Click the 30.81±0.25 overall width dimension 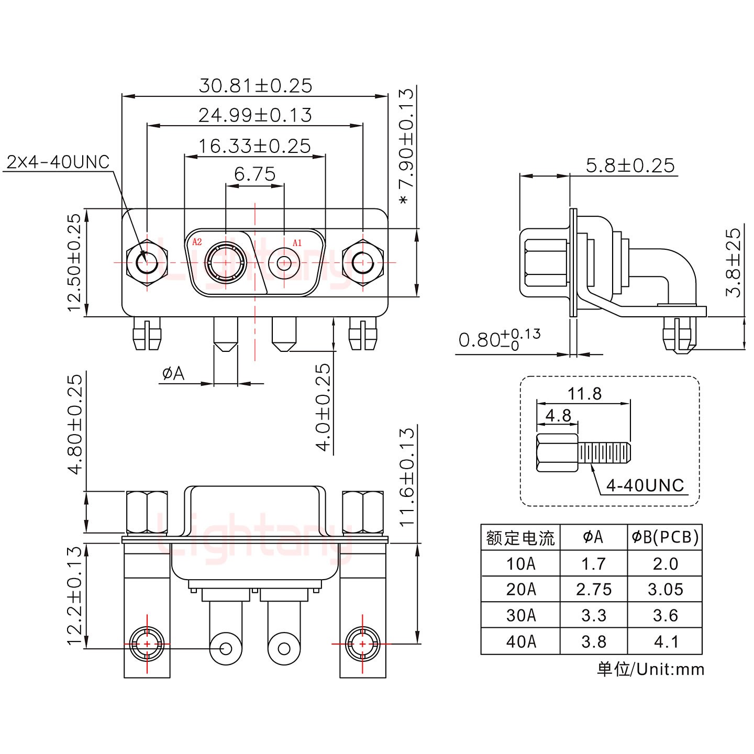pyautogui.click(x=255, y=85)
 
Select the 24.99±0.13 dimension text pyautogui.click(x=255, y=115)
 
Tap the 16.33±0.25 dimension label pyautogui.click(x=254, y=146)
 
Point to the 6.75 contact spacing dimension pyautogui.click(x=254, y=174)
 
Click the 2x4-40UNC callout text pyautogui.click(x=58, y=162)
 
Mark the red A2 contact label pyautogui.click(x=197, y=242)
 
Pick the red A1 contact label pyautogui.click(x=297, y=242)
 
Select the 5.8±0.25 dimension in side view pyautogui.click(x=630, y=165)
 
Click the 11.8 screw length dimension pyautogui.click(x=585, y=393)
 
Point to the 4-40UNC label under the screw pyautogui.click(x=645, y=485)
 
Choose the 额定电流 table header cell pyautogui.click(x=520, y=537)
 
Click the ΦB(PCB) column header pyautogui.click(x=665, y=537)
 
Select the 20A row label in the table pyautogui.click(x=520, y=589)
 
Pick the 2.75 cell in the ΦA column pyautogui.click(x=594, y=589)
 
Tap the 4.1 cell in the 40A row pyautogui.click(x=666, y=641)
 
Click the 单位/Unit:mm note pyautogui.click(x=650, y=669)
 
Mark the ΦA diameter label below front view pyautogui.click(x=173, y=373)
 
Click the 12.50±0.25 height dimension pyautogui.click(x=75, y=262)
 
